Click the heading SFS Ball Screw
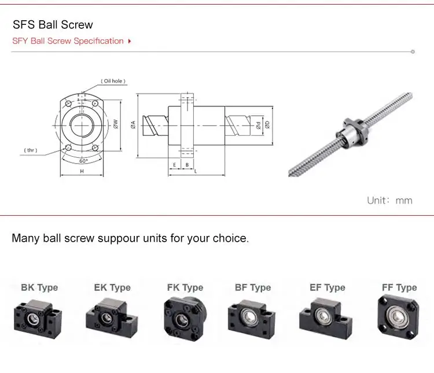(53, 25)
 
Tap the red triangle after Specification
(129, 41)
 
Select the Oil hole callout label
(113, 81)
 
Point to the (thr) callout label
(31, 150)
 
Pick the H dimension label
(82, 172)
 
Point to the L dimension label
(196, 172)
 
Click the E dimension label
(174, 165)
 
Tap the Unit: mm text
(389, 201)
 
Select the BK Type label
(39, 287)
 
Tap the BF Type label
(252, 287)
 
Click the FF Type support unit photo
(398, 316)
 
